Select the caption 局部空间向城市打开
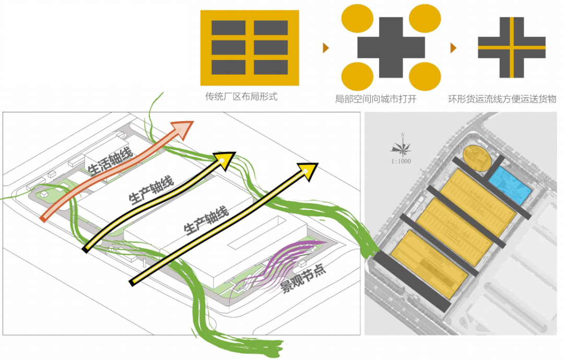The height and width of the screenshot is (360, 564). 375,99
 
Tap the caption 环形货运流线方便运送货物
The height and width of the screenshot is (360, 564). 501,99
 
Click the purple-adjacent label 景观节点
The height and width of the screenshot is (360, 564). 304,279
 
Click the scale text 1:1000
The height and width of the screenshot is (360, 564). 401,161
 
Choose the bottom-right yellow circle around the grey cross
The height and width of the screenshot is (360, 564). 424,76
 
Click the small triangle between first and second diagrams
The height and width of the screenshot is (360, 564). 326,48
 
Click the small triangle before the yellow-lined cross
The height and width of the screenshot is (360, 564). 453,48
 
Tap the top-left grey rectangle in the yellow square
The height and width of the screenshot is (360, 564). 228,28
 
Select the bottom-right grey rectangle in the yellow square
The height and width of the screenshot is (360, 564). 271,67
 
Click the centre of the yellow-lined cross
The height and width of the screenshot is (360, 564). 512,48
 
